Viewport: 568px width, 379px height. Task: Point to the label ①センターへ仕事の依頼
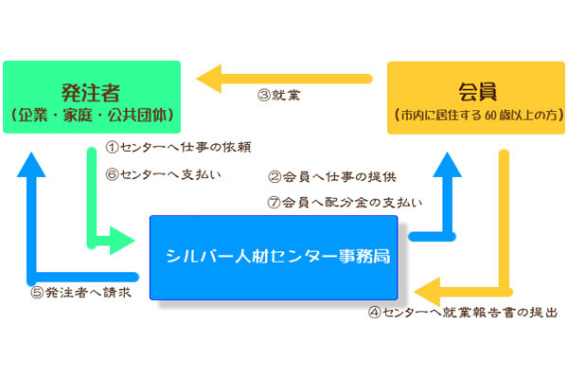178,148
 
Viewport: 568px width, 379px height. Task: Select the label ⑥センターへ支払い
163,174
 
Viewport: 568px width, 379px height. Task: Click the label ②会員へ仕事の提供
334,176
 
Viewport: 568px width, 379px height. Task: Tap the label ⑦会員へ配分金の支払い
346,201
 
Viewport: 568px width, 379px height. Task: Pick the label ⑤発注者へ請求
80,293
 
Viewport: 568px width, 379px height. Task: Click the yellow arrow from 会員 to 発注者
284,74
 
